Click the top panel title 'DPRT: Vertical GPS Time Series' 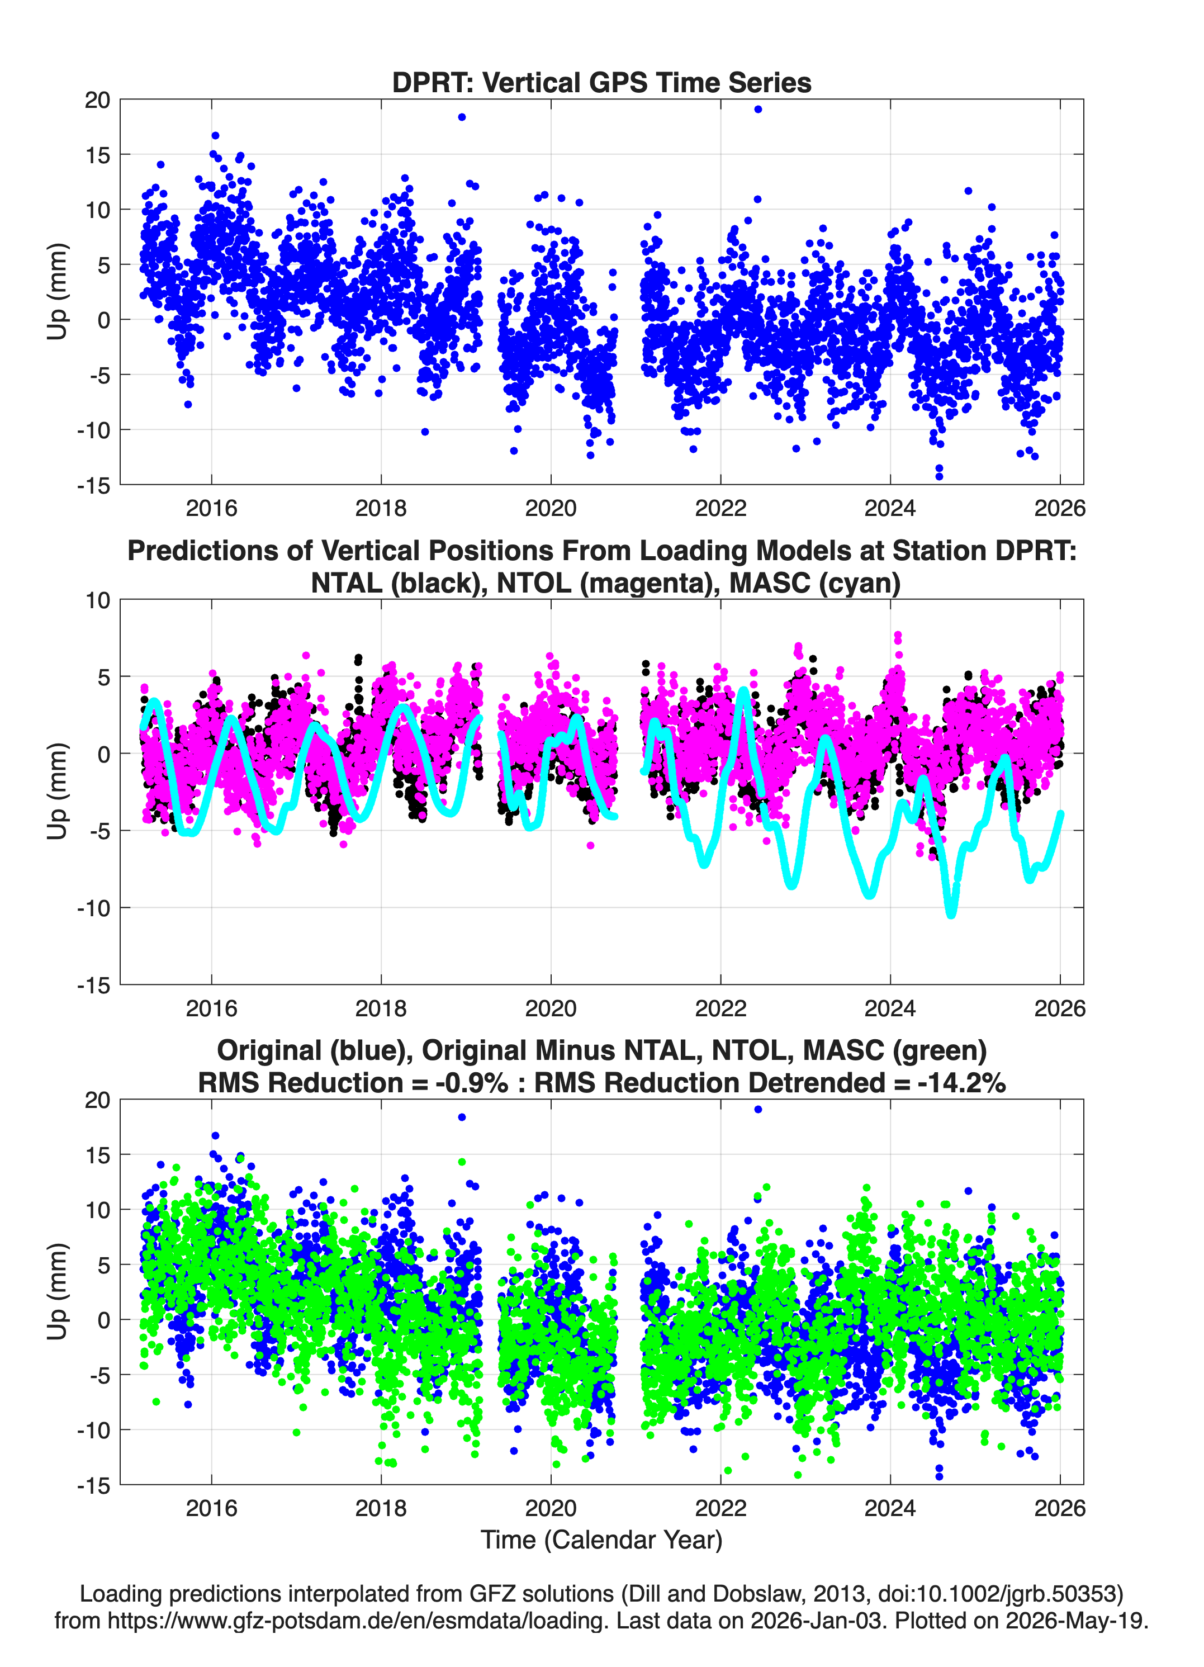pos(601,82)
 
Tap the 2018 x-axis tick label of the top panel pos(381,508)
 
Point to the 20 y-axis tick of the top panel pos(97,100)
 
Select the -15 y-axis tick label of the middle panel pos(93,986)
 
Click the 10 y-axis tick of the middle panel pos(98,600)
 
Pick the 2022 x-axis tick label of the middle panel pos(720,1008)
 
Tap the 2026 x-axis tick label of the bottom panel pos(1059,1508)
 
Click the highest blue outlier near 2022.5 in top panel pos(758,110)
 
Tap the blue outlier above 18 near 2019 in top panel pos(462,117)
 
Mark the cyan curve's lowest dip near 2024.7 pos(951,913)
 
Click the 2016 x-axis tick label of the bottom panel pos(212,1508)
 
